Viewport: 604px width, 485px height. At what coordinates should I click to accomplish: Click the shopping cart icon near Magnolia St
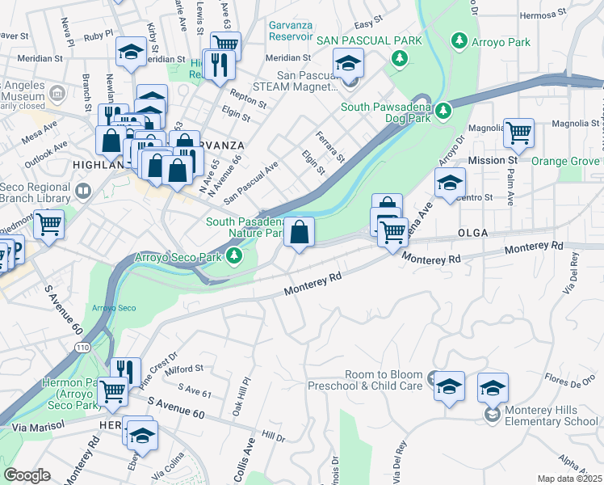pos(518,132)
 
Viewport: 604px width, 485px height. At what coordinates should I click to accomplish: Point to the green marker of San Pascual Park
pos(398,57)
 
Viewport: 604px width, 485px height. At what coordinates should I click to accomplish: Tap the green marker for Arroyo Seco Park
pos(234,257)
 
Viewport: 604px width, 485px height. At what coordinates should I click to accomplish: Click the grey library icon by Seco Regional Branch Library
pos(84,192)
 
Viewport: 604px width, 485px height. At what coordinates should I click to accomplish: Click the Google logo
pos(27,475)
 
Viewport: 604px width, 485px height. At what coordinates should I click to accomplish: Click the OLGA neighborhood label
pos(472,233)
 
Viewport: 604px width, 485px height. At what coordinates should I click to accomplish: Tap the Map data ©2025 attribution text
pos(568,479)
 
